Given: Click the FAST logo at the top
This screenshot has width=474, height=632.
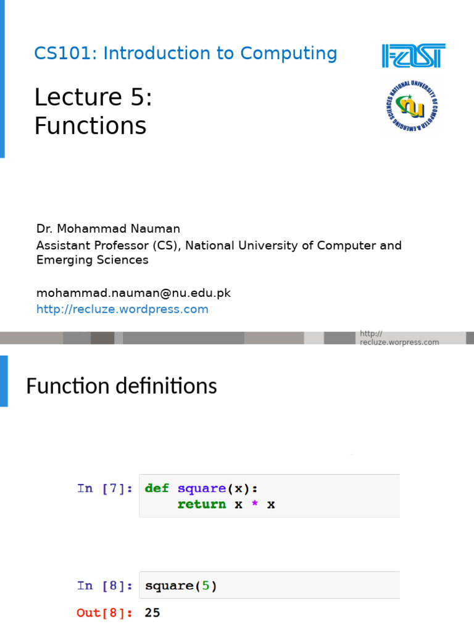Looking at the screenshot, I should click(413, 56).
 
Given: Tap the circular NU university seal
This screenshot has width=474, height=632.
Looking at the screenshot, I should click(411, 107).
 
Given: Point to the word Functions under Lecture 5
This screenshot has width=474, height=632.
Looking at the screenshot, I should click(90, 126).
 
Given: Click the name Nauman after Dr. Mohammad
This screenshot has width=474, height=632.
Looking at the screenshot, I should click(158, 229).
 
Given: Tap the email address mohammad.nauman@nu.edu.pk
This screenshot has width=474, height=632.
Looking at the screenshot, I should click(133, 293).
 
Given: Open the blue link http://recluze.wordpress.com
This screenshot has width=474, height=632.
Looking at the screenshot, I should click(122, 309).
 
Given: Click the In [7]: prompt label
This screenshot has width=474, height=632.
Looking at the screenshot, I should click(104, 488).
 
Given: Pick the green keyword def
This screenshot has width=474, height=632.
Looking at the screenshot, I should click(157, 488).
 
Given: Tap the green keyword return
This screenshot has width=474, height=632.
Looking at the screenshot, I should click(201, 504).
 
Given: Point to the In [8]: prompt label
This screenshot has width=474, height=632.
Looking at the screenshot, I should click(104, 586).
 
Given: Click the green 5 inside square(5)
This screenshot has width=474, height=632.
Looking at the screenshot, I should click(206, 586).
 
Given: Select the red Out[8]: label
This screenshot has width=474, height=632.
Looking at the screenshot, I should click(104, 613).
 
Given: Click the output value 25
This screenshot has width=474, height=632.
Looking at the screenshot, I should click(152, 613).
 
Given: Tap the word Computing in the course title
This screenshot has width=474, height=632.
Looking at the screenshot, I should click(289, 54).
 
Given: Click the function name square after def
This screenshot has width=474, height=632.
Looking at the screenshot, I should click(201, 488).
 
